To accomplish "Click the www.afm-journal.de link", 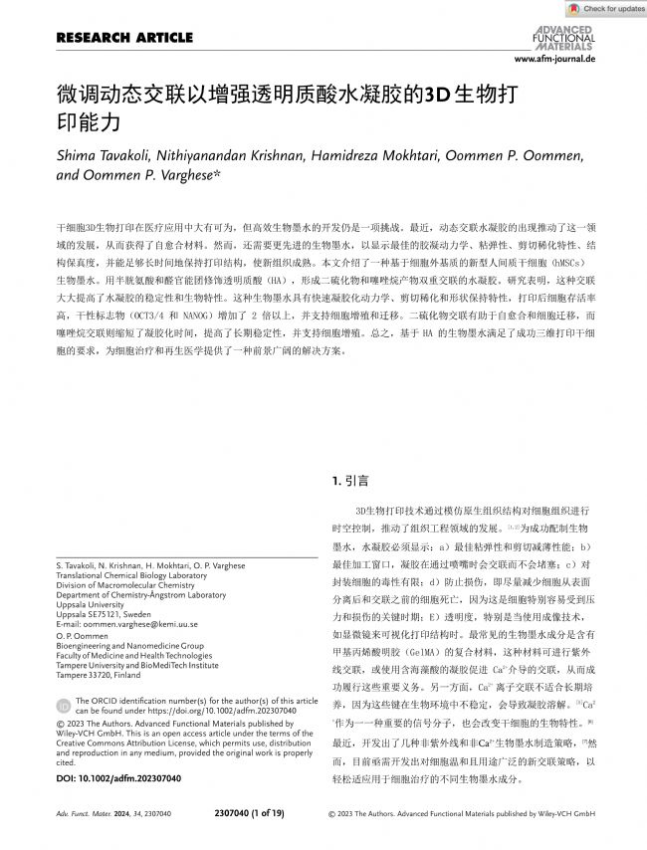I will tap(554, 60).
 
